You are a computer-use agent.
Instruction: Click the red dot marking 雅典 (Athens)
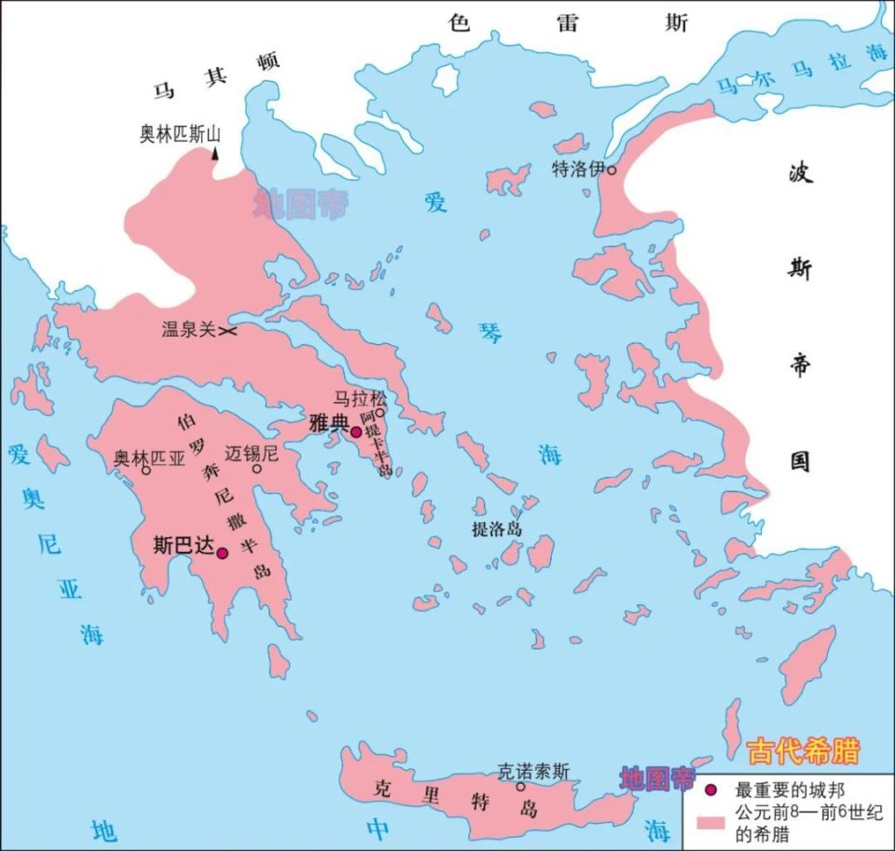coord(355,432)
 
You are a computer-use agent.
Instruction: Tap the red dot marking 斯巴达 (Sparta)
coord(222,553)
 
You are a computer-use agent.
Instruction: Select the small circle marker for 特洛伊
coord(612,170)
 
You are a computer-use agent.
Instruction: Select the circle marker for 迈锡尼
coord(257,469)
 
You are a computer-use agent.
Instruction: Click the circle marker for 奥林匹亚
coord(146,470)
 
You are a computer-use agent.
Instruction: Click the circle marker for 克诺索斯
coord(521,786)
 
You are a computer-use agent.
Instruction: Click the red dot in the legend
coord(711,790)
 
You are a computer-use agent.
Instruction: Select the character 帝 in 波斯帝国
coord(800,364)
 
